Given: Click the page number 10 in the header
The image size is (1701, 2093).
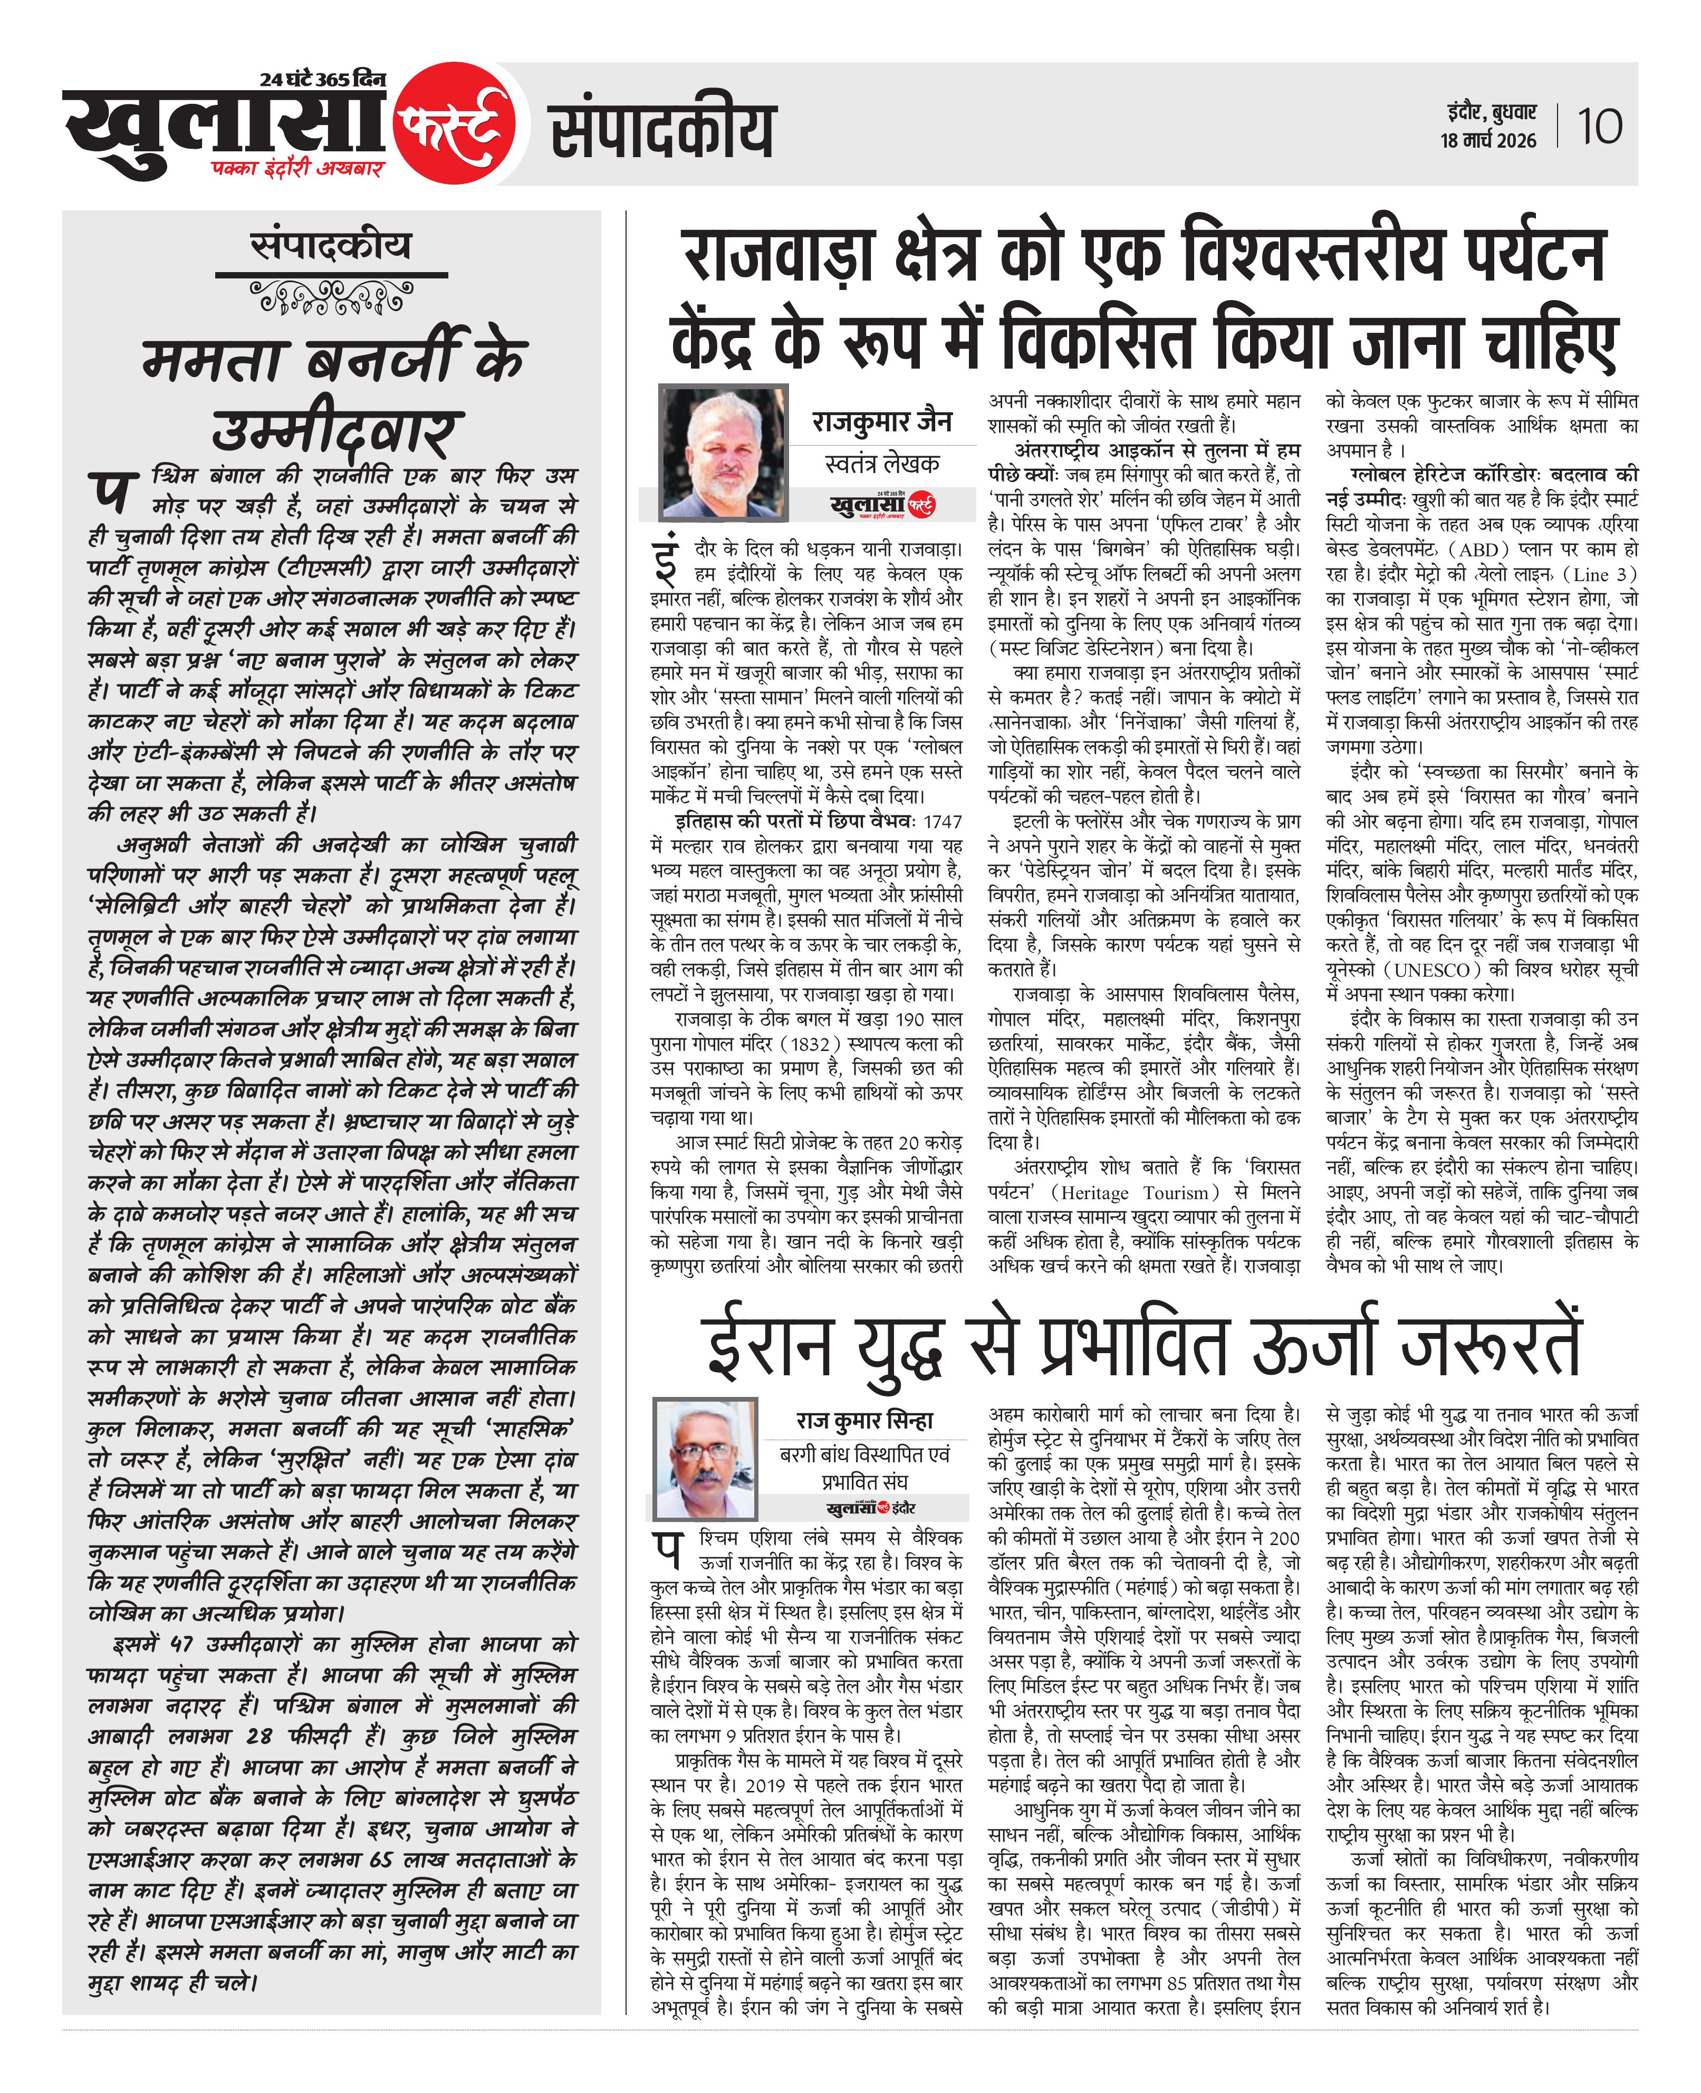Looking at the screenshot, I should click(1599, 127).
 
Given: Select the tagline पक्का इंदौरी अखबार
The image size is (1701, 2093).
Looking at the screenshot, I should click(297, 168).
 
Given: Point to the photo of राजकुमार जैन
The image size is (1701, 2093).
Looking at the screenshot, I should click(723, 452).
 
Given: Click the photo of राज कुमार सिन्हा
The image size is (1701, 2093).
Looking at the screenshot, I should click(705, 1458).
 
